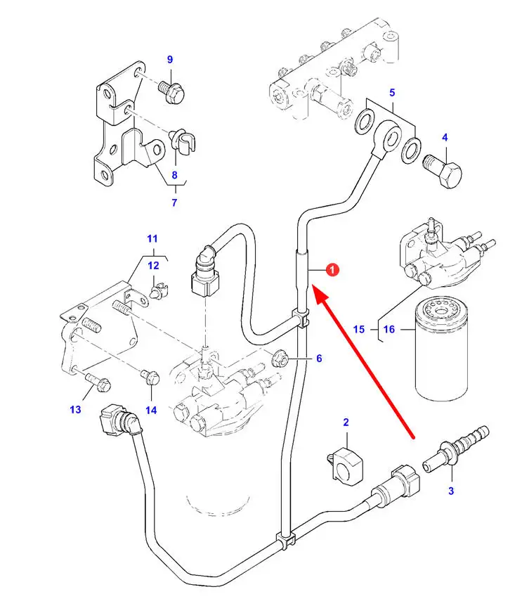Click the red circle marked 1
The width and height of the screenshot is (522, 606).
coord(334,269)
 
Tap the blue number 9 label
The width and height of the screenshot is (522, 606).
coord(169,60)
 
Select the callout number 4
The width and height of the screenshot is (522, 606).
coord(445,138)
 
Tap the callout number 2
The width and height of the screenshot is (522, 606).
coord(346,423)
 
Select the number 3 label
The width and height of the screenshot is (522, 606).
coord(451,491)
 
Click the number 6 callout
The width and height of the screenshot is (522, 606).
coord(318,359)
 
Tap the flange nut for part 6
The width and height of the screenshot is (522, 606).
coord(280,359)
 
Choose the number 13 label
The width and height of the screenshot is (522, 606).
coord(75,410)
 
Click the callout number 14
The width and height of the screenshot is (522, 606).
coord(151,410)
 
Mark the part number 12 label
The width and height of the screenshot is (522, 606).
coord(153,265)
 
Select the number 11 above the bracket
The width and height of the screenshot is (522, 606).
coord(152,238)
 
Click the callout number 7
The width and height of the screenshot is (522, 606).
coord(174,203)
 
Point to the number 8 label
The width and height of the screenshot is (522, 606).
coord(174,175)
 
